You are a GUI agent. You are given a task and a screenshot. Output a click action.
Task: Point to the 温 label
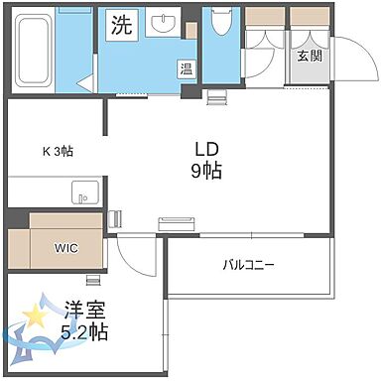pos(186,69)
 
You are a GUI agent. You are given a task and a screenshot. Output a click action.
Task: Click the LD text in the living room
pos(205,149)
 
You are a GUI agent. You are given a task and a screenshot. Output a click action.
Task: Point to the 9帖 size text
pos(206,170)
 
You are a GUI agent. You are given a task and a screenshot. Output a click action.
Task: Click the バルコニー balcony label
pos(248,265)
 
